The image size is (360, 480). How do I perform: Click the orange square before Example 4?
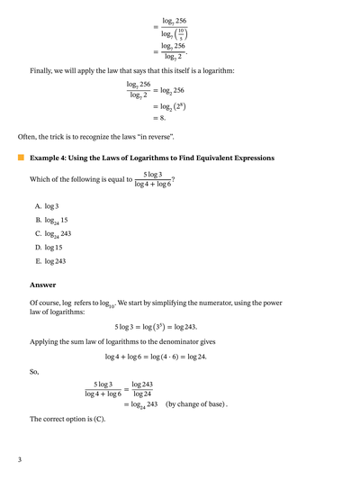21,158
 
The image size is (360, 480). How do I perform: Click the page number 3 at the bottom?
19,460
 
